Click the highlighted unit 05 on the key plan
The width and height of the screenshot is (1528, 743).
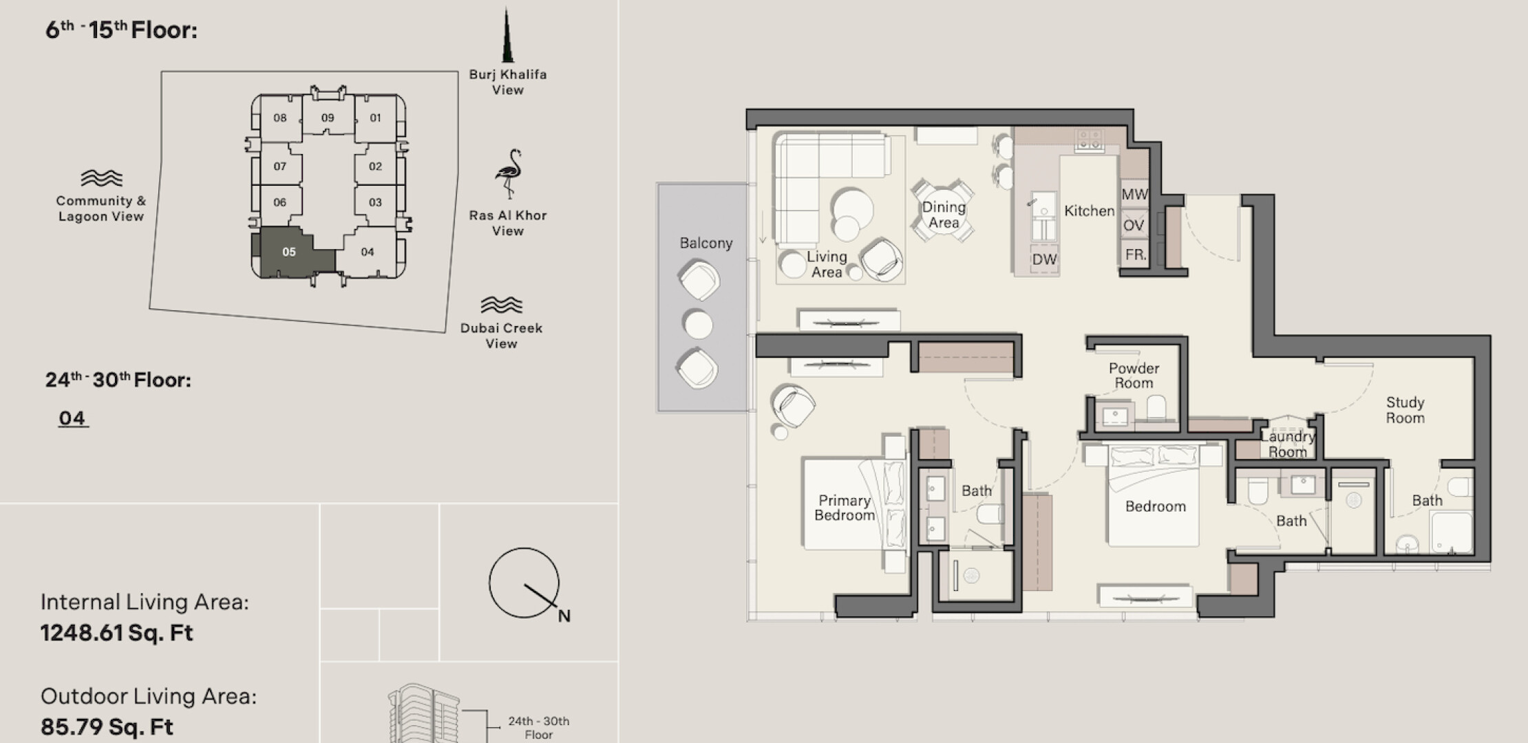pyautogui.click(x=289, y=252)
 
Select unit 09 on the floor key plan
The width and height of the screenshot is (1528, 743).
pyautogui.click(x=328, y=118)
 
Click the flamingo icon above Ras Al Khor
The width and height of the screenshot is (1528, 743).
pyautogui.click(x=509, y=173)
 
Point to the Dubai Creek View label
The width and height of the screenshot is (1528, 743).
pyautogui.click(x=501, y=336)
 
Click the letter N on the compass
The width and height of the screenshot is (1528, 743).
pyautogui.click(x=564, y=616)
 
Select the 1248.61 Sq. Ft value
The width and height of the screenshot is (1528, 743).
pyautogui.click(x=116, y=633)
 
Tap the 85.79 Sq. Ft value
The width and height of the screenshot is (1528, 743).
pyautogui.click(x=107, y=727)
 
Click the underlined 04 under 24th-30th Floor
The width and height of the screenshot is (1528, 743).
pyautogui.click(x=72, y=418)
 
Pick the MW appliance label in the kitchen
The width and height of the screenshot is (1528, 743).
pyautogui.click(x=1134, y=195)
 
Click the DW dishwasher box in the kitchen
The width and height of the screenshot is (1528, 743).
pyautogui.click(x=1044, y=259)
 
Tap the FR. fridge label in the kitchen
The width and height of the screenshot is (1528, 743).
pyautogui.click(x=1136, y=255)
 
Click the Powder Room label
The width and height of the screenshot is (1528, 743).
pyautogui.click(x=1134, y=376)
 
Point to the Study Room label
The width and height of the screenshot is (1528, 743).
pyautogui.click(x=1405, y=410)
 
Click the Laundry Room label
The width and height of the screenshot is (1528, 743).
pyautogui.click(x=1287, y=444)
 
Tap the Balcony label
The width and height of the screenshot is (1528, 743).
pyautogui.click(x=705, y=243)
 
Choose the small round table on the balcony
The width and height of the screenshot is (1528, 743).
pyautogui.click(x=698, y=324)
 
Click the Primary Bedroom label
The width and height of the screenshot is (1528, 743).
pyautogui.click(x=844, y=508)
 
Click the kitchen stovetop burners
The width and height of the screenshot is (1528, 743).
pyautogui.click(x=1090, y=140)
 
